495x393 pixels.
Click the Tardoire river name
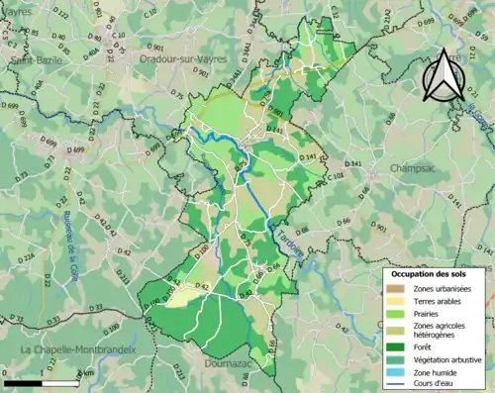pos(283,242)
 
